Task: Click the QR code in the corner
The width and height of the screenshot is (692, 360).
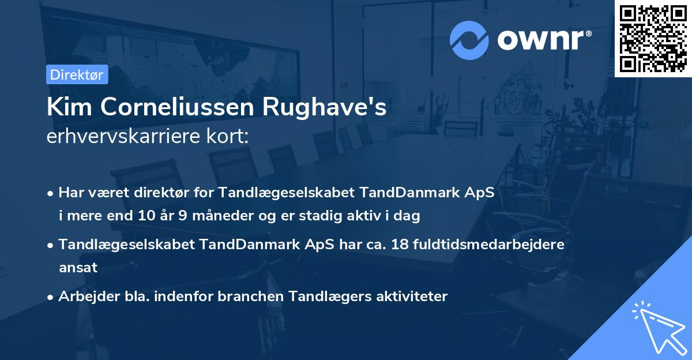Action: (653, 38)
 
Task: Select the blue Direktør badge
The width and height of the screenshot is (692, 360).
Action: (77, 74)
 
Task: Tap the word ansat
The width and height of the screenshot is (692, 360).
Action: (78, 268)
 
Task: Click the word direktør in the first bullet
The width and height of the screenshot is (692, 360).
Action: (142, 192)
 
